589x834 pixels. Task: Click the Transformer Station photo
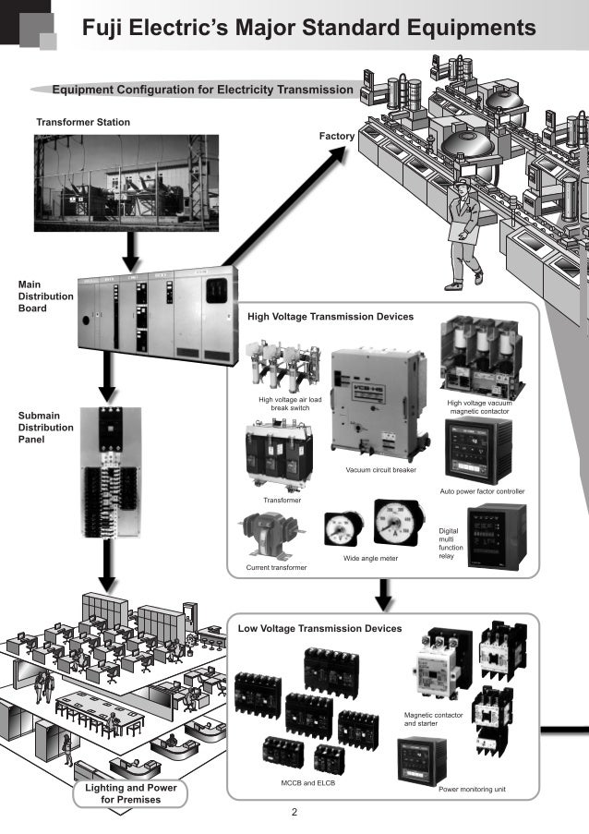[x=126, y=182]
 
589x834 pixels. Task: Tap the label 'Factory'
[x=337, y=137]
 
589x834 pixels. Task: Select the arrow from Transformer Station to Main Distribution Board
[x=131, y=247]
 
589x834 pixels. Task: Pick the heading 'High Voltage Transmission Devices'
[x=331, y=317]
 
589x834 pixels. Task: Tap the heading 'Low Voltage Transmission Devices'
[x=319, y=628]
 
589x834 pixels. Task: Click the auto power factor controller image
[x=478, y=451]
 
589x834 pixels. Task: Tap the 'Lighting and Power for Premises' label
[x=130, y=792]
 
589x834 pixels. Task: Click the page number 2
[x=294, y=814]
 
